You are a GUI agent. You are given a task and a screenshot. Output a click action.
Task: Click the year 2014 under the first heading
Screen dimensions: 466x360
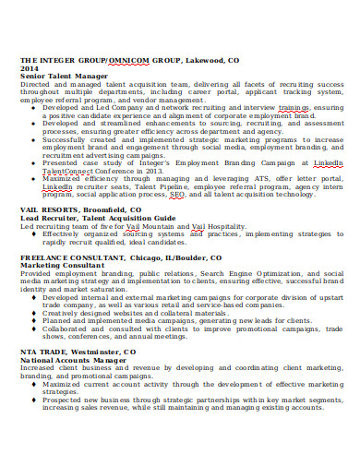click(29, 67)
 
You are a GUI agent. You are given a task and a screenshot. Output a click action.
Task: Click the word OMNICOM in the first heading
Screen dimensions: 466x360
click(133, 60)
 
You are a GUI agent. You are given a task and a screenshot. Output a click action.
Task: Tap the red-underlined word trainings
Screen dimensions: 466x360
click(294, 107)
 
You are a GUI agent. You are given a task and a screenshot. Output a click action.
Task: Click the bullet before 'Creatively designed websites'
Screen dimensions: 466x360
click(34, 313)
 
